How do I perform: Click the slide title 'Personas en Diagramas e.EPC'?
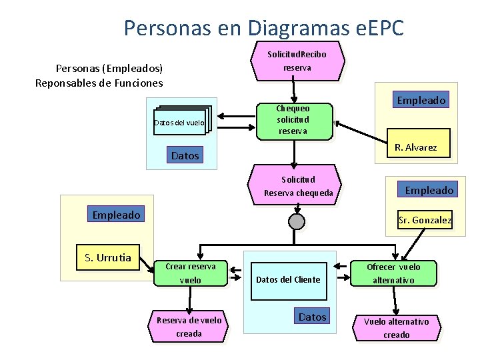tap(263, 27)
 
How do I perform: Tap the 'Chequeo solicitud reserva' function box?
tap(293, 120)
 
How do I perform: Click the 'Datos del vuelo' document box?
tap(179, 122)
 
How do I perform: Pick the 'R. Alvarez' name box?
tap(415, 147)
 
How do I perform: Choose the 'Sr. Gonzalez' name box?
tap(425, 219)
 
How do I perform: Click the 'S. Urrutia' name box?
tap(108, 257)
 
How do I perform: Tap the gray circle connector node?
tap(297, 221)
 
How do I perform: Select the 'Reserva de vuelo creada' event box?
tap(189, 327)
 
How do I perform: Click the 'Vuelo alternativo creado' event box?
tap(396, 328)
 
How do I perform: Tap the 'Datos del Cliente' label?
tap(288, 279)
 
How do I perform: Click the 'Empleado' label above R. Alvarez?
tap(421, 100)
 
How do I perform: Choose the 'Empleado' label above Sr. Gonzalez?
tap(429, 190)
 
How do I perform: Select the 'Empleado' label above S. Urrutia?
tap(116, 215)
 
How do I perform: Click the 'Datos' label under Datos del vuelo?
tap(185, 155)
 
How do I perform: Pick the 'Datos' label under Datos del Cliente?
tap(313, 317)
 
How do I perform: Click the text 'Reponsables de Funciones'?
tap(99, 83)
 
